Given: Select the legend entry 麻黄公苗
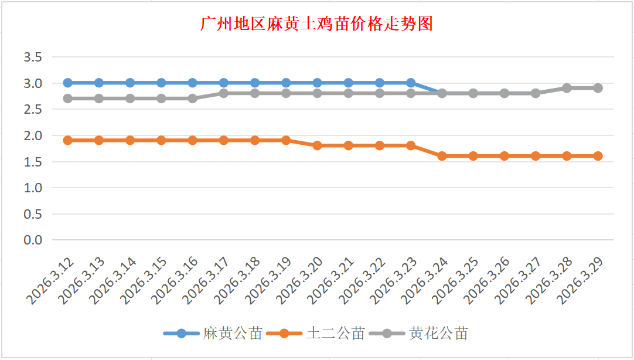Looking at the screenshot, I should (x=232, y=334).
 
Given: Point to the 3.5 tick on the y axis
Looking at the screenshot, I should (x=33, y=57).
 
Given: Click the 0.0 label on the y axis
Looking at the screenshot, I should (x=33, y=240).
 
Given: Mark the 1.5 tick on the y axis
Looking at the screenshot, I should (x=33, y=162).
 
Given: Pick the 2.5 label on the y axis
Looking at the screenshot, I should (x=33, y=110).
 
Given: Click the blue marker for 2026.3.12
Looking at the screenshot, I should (x=68, y=83).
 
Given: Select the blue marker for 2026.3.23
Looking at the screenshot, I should (x=411, y=83).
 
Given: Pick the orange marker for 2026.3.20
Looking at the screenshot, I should (x=317, y=145).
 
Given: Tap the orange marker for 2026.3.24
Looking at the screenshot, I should (x=442, y=156).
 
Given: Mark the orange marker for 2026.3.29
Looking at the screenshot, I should (x=598, y=156).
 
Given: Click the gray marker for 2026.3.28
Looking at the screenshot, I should (x=567, y=88).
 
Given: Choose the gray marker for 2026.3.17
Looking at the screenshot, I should (x=224, y=93).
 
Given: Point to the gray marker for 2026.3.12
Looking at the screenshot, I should (x=68, y=99).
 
